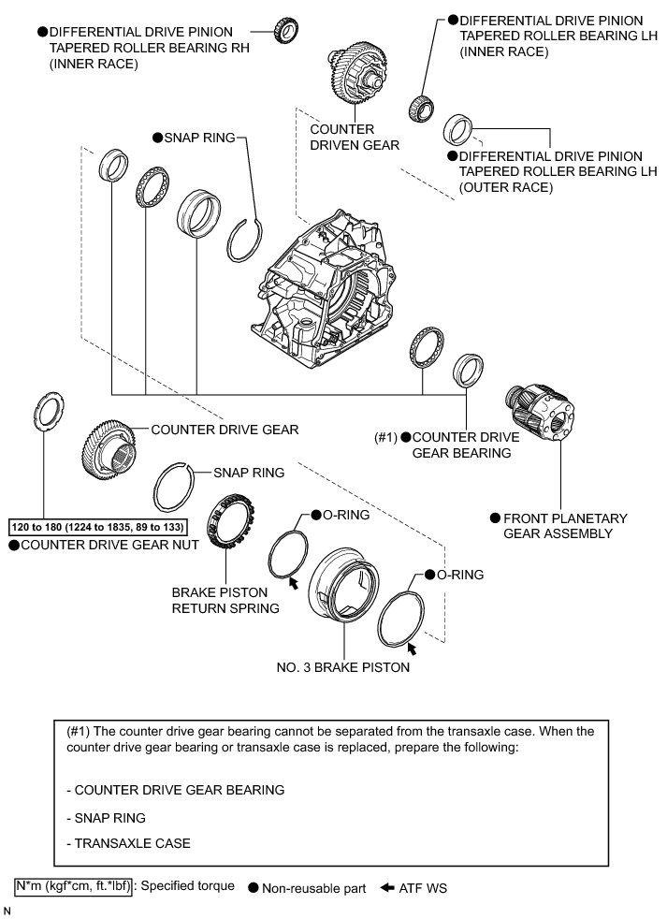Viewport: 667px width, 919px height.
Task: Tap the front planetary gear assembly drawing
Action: coord(540,411)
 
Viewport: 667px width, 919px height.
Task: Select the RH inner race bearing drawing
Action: coord(285,31)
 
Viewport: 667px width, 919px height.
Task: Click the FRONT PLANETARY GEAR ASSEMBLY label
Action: coord(565,525)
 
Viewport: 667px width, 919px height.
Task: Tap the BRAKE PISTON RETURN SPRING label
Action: coord(225,600)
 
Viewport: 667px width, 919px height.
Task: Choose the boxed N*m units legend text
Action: coord(73,885)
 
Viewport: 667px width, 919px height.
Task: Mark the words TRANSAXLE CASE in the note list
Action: coord(132,843)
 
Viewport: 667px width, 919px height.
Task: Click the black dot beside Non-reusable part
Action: coord(254,888)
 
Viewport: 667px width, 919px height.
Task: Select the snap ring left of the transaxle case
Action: coord(248,236)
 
